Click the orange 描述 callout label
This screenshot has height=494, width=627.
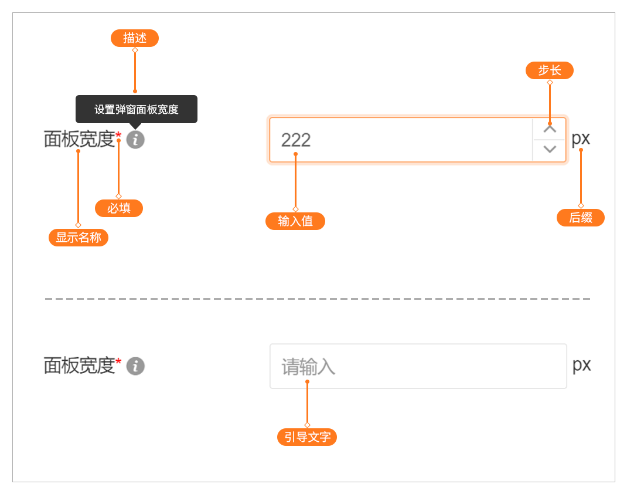point(135,38)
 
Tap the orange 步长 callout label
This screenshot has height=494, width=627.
point(549,70)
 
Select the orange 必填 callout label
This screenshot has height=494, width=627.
point(119,208)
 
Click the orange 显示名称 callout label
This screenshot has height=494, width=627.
point(79,238)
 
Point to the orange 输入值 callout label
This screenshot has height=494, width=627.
point(295,221)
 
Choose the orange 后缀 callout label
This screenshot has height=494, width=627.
point(581,218)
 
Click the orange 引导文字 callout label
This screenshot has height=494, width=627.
point(307,437)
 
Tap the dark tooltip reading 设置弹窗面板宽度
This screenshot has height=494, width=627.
point(137,110)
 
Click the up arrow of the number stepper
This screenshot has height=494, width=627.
point(550,129)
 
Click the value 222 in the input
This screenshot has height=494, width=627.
point(296,140)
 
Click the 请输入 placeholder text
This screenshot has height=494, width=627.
point(308,367)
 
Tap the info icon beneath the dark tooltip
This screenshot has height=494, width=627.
point(135,140)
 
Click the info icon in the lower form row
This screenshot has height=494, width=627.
point(135,366)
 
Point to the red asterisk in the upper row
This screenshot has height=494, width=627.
point(118,136)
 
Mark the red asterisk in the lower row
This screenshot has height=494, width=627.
point(118,362)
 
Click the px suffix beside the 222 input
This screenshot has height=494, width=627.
point(581,138)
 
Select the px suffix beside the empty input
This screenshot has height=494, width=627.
point(581,365)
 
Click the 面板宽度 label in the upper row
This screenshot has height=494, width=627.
point(79,140)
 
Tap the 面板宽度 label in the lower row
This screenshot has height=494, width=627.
point(79,366)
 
